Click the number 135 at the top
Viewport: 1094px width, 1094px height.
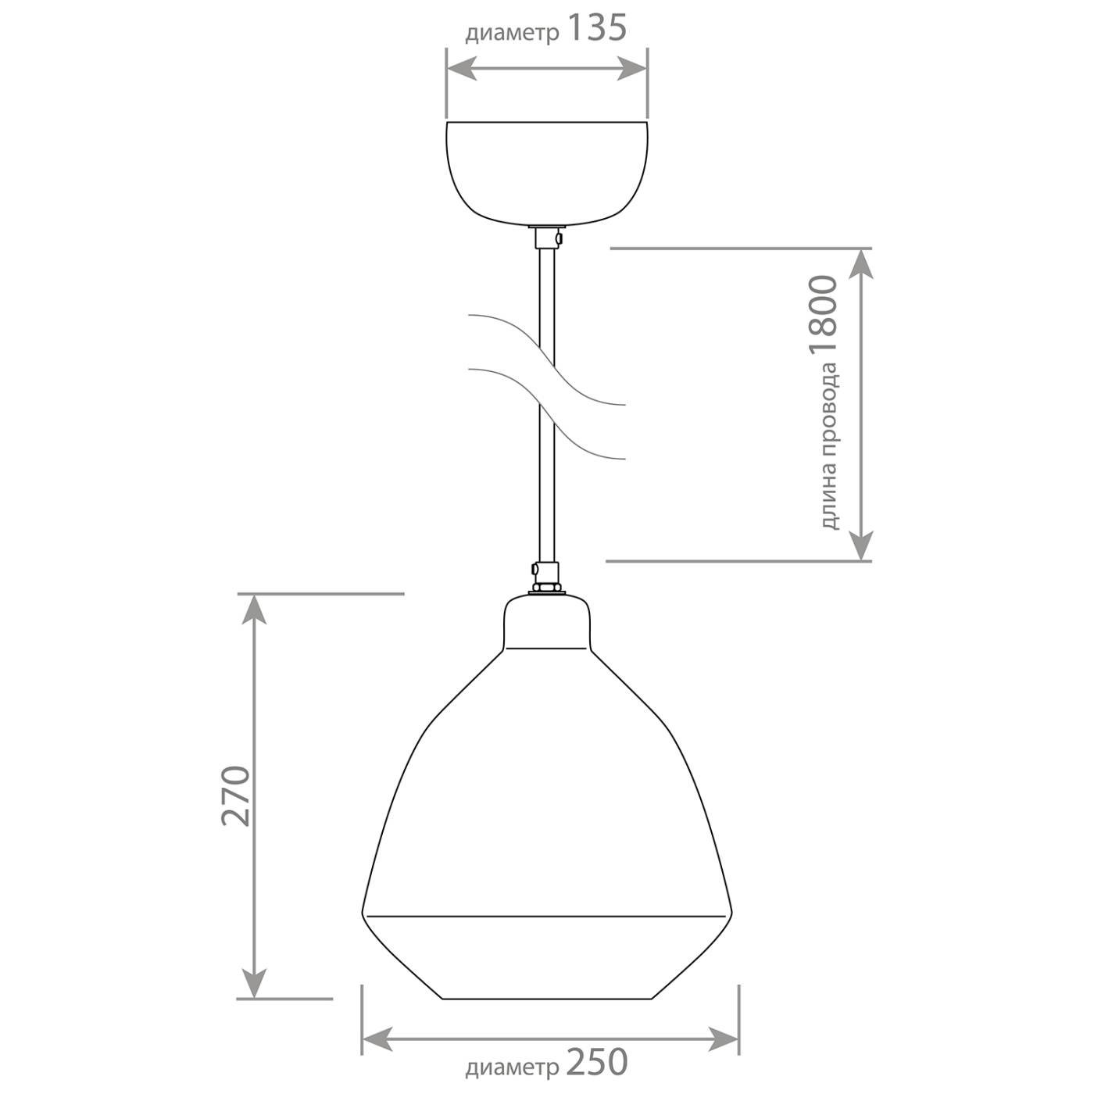click(x=597, y=28)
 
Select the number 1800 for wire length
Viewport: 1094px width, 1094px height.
click(x=824, y=316)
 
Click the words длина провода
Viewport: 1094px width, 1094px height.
click(x=829, y=446)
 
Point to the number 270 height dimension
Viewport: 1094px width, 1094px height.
click(x=236, y=796)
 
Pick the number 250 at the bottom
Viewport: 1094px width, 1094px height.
click(x=597, y=1062)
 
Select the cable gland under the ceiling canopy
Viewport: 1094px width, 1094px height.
click(x=548, y=237)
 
